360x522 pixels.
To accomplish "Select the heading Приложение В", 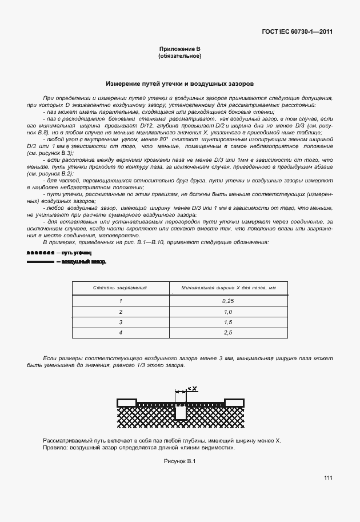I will [179, 50].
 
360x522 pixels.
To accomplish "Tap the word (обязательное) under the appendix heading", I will [179, 56].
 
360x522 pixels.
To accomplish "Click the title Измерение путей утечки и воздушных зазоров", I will [179, 83].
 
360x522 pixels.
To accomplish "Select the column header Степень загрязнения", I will [121, 288].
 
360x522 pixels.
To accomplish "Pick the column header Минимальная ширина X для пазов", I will [228, 288].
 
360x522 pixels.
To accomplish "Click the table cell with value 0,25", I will [228, 301].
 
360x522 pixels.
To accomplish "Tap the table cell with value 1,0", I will [228, 312].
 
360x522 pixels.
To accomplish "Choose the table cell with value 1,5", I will [228, 322].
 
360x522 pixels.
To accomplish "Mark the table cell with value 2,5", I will [228, 332].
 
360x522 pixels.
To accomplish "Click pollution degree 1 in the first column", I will [121, 301].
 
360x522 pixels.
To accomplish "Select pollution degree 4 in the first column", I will [121, 332].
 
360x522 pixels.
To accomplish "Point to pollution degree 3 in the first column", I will [121, 322].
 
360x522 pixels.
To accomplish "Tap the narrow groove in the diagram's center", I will [180, 412].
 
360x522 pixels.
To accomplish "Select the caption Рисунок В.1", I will [179, 461].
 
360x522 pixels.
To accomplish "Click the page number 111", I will [327, 478].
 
